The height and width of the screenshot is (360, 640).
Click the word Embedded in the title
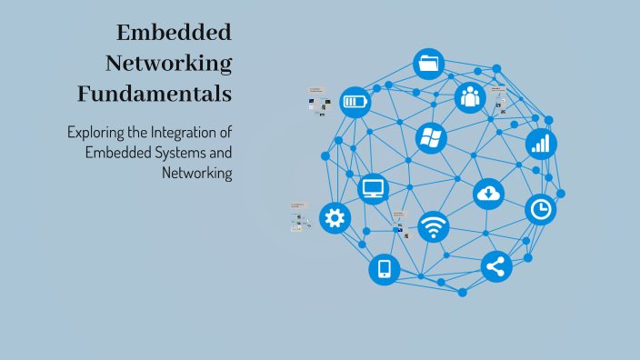(175, 33)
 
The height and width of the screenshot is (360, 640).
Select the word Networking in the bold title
(168, 63)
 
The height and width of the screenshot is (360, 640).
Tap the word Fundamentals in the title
(155, 93)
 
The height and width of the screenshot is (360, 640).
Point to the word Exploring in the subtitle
(96, 132)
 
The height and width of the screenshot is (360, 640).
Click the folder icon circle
(428, 64)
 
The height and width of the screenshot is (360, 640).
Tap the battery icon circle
(355, 101)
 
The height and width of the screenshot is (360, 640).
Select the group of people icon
(469, 96)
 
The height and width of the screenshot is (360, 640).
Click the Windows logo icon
(431, 138)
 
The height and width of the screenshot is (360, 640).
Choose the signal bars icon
(541, 144)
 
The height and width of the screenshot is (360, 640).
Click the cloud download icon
(488, 193)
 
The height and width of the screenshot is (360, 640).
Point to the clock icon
(541, 210)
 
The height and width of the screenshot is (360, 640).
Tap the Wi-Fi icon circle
(434, 226)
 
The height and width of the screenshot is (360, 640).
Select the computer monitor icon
(374, 188)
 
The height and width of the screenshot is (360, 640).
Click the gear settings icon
(335, 218)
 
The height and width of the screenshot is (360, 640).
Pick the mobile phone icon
(384, 268)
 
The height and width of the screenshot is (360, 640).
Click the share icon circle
(496, 266)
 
